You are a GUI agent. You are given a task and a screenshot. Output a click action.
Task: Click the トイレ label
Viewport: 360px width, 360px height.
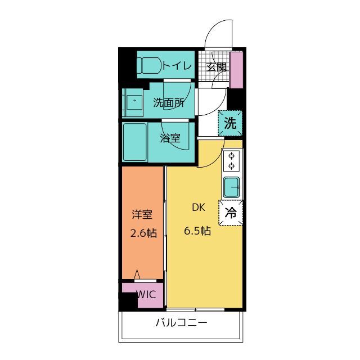177,66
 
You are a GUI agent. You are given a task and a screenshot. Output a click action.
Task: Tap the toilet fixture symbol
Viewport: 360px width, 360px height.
150,65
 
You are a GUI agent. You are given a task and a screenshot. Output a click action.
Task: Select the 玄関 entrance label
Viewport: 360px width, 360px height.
216,67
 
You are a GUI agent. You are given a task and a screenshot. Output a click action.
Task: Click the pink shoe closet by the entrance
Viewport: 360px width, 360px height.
236,70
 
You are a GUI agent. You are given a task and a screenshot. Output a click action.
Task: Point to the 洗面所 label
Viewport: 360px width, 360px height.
169,102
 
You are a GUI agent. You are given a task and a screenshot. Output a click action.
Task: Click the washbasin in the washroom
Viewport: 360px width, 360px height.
133,102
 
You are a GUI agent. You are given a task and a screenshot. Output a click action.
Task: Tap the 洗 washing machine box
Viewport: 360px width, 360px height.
230,123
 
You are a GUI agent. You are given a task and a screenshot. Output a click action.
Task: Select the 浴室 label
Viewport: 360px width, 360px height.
170,138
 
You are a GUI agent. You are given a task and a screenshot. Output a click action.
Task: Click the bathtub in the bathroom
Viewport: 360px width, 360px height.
135,142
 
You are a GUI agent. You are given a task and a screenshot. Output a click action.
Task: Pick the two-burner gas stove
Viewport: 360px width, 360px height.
231,161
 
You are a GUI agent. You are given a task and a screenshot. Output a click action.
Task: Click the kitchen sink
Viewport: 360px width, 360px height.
231,187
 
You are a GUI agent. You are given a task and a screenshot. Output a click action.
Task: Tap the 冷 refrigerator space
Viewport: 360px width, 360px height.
231,213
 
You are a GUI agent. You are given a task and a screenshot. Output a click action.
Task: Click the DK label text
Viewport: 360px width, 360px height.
199,208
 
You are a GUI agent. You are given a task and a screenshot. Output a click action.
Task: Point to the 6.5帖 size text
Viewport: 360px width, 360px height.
197,231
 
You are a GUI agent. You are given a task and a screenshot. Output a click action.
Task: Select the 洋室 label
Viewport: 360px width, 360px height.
142,214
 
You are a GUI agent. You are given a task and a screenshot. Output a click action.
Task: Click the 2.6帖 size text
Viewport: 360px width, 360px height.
144,233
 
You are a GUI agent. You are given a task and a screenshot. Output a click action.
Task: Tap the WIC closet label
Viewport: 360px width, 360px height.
146,295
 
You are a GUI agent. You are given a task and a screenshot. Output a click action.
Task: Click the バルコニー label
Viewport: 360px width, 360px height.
181,323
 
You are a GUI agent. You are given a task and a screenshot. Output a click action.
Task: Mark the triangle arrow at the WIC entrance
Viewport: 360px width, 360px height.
137,274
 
